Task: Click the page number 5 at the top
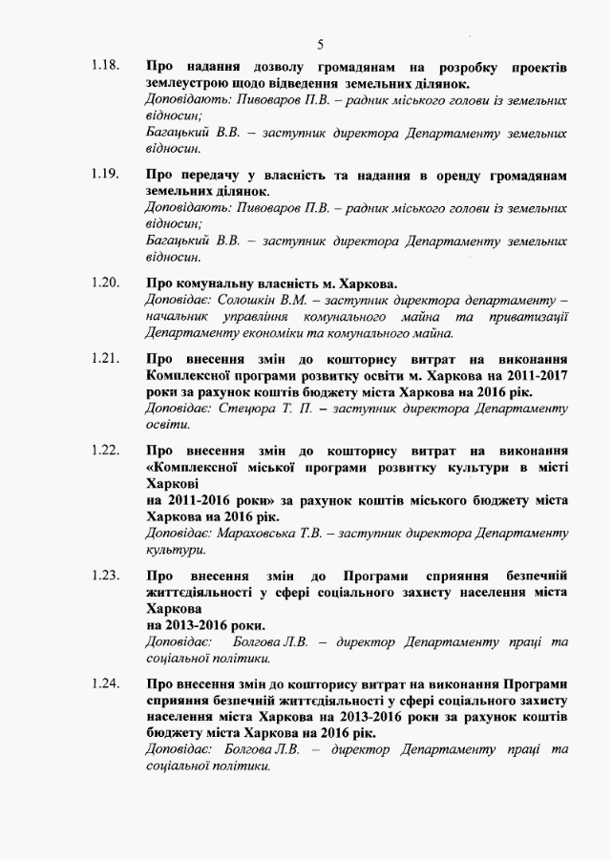321,44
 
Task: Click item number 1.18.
105,67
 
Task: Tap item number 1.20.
105,283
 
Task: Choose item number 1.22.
105,450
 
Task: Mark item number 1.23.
105,576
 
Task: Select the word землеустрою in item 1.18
189,84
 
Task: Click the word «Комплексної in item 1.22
195,466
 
